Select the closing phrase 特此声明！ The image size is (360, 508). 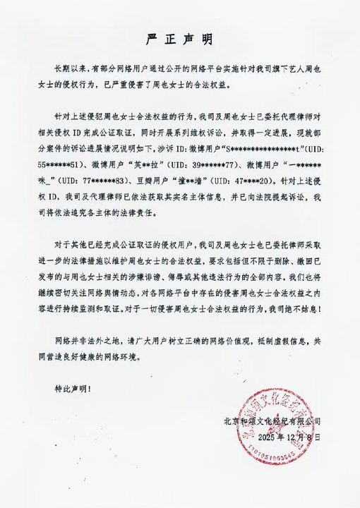coord(73,387)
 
